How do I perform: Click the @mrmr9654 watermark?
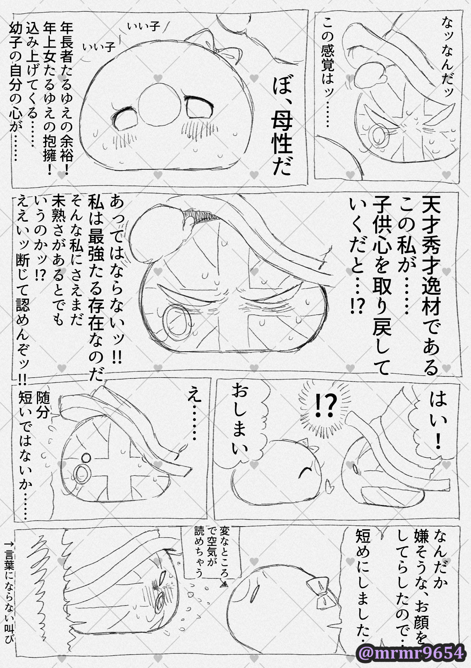(x=411, y=653)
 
